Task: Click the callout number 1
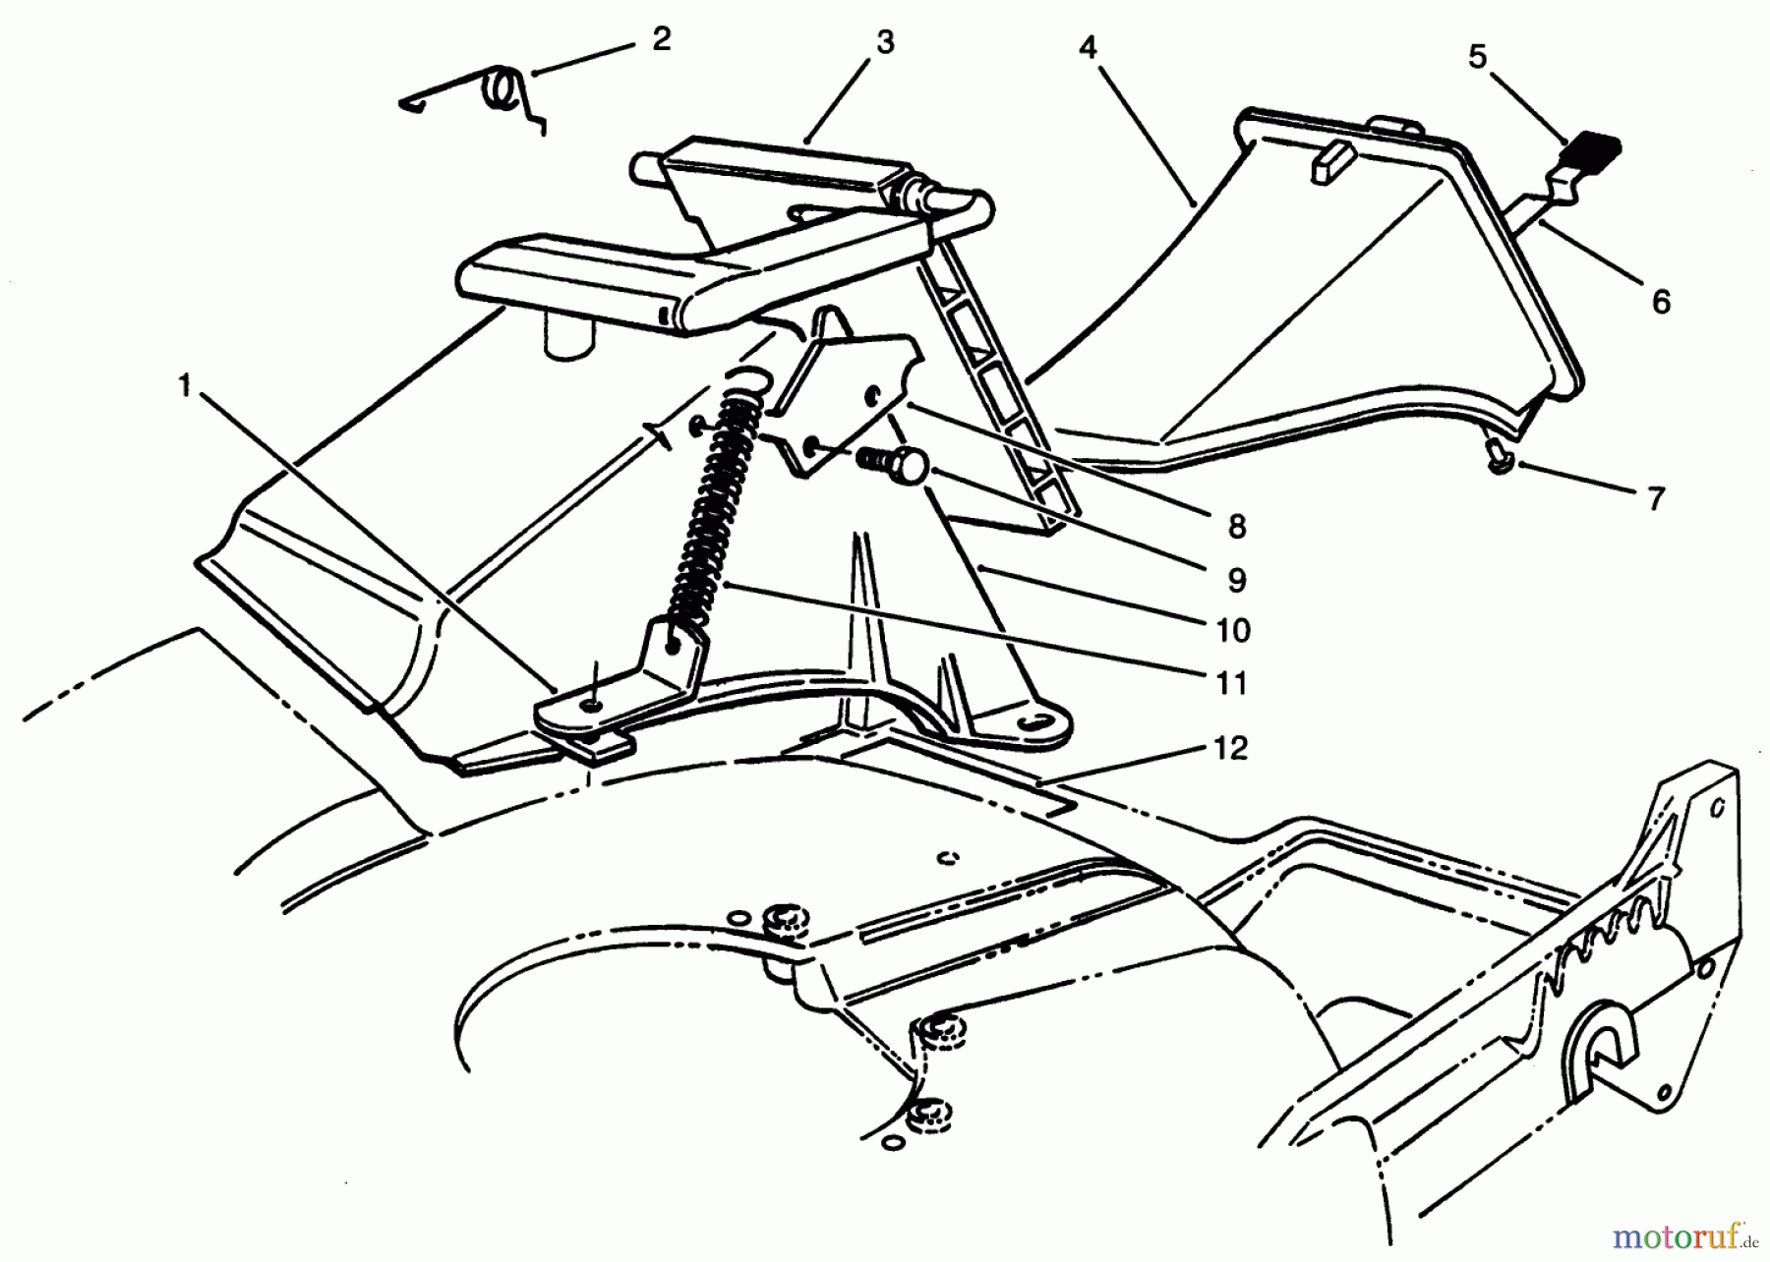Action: (184, 386)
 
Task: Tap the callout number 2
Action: (661, 40)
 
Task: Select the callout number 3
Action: (885, 43)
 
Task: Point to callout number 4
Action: (1087, 47)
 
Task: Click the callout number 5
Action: (1478, 57)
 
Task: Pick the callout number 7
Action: (1656, 498)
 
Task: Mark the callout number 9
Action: (1237, 579)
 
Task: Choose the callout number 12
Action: (1231, 748)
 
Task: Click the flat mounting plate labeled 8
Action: (846, 393)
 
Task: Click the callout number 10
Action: (1233, 630)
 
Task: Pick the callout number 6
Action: (1661, 302)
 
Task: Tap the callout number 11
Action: (1231, 682)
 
